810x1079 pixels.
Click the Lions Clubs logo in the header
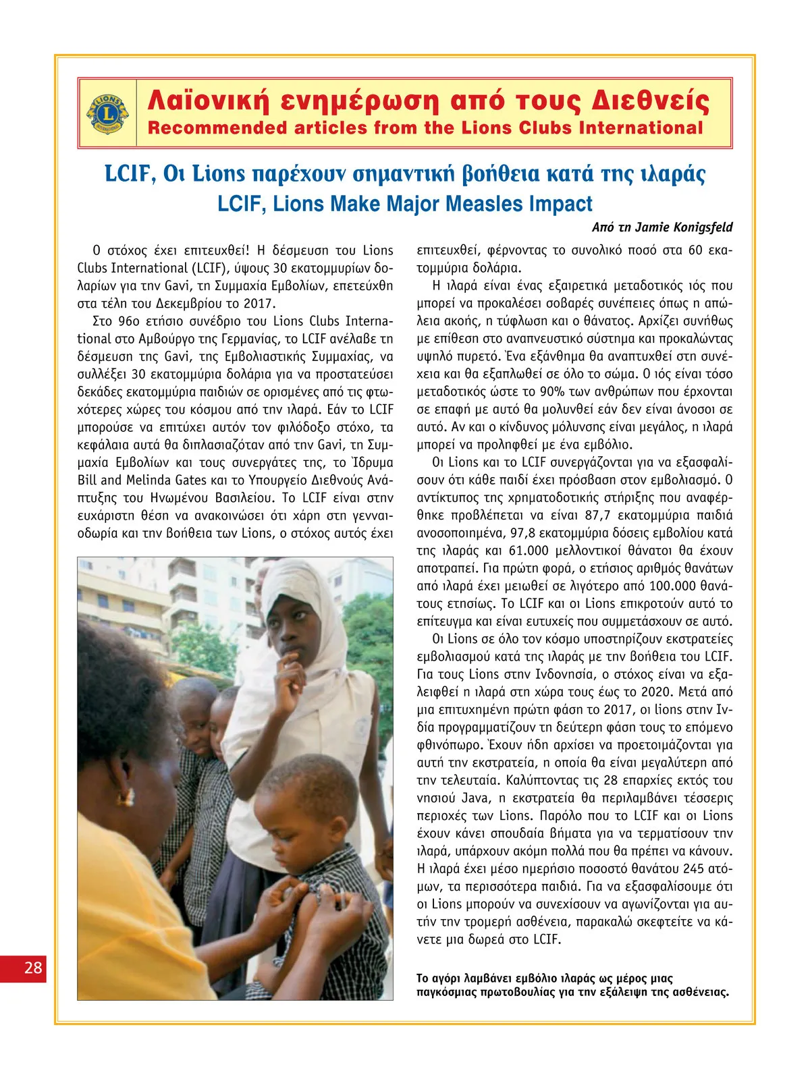pyautogui.click(x=107, y=113)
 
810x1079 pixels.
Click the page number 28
pyautogui.click(x=33, y=968)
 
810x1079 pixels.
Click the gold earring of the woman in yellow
pyautogui.click(x=127, y=796)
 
